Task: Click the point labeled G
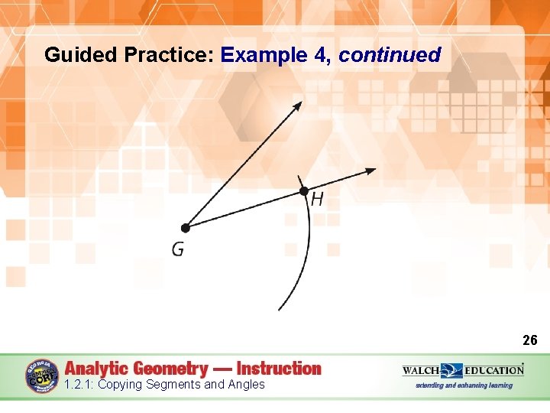[x=185, y=227]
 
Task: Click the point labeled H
[x=303, y=190]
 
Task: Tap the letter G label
[x=177, y=250]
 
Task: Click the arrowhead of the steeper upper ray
[x=298, y=105]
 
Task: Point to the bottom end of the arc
[x=280, y=309]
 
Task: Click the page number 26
[x=529, y=340]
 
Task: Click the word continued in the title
[x=390, y=55]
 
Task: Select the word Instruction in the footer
[x=279, y=368]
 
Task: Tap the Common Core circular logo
[x=42, y=376]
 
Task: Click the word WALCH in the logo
[x=420, y=370]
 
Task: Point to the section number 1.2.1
[x=79, y=385]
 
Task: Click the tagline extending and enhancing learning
[x=464, y=385]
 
